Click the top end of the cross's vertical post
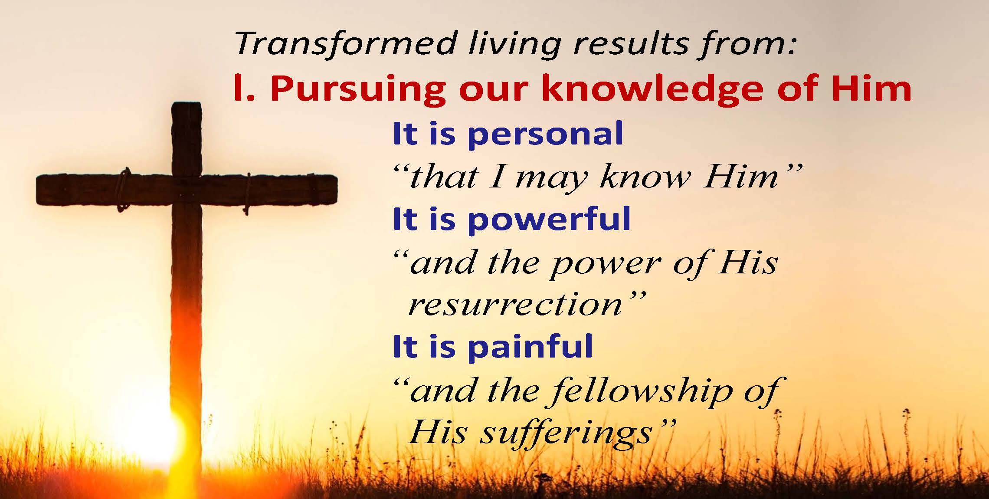pos(187,104)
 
